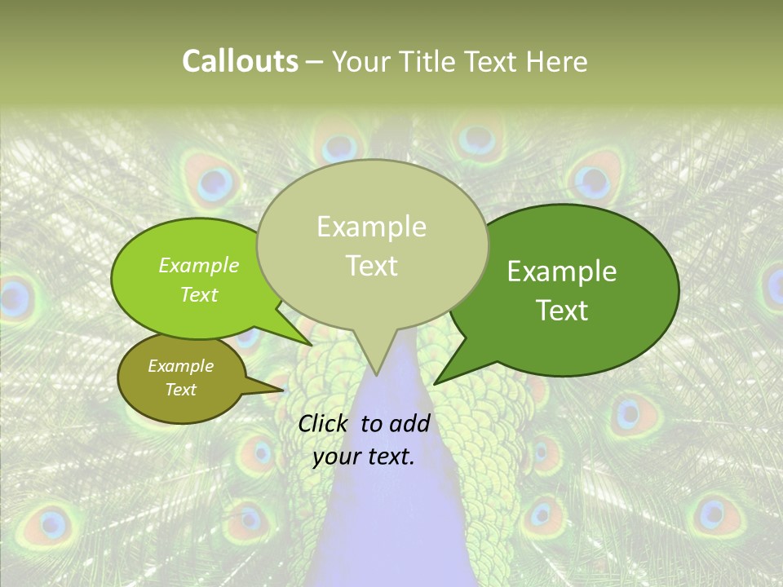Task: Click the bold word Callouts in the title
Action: point(240,61)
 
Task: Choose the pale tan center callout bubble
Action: point(372,245)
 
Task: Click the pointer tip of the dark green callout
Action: point(436,383)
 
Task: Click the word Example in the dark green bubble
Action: point(562,271)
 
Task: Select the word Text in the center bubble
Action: point(372,266)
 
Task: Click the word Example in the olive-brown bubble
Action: point(180,366)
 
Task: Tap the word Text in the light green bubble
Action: point(199,294)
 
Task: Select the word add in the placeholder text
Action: point(409,423)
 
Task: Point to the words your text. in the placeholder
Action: point(364,457)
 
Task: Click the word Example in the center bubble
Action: point(372,226)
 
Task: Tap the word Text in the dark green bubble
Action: point(562,310)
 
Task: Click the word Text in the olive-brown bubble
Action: point(180,389)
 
